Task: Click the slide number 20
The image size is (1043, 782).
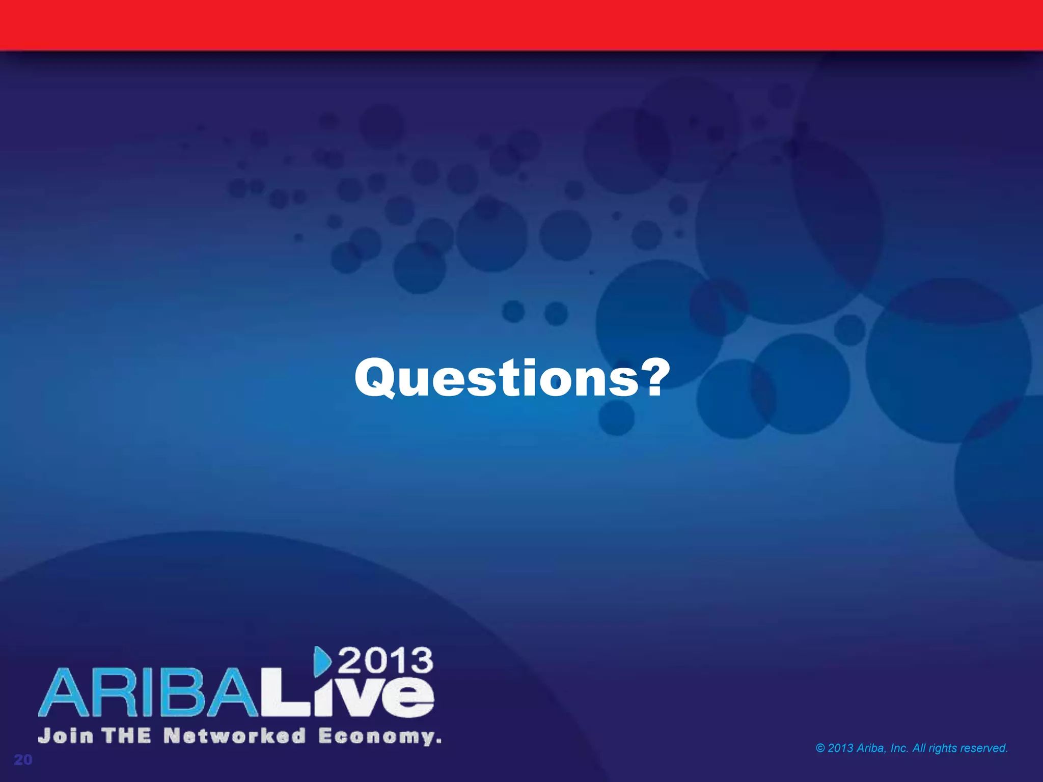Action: coord(23,760)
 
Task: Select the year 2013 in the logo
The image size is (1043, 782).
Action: coord(386,661)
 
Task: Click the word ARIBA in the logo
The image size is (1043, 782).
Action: coord(148,693)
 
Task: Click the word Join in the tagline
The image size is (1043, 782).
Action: coord(66,736)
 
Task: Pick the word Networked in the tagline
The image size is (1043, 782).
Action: coord(235,736)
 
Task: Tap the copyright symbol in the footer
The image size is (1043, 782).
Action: coord(820,748)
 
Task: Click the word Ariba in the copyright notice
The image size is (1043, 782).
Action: coord(872,748)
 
